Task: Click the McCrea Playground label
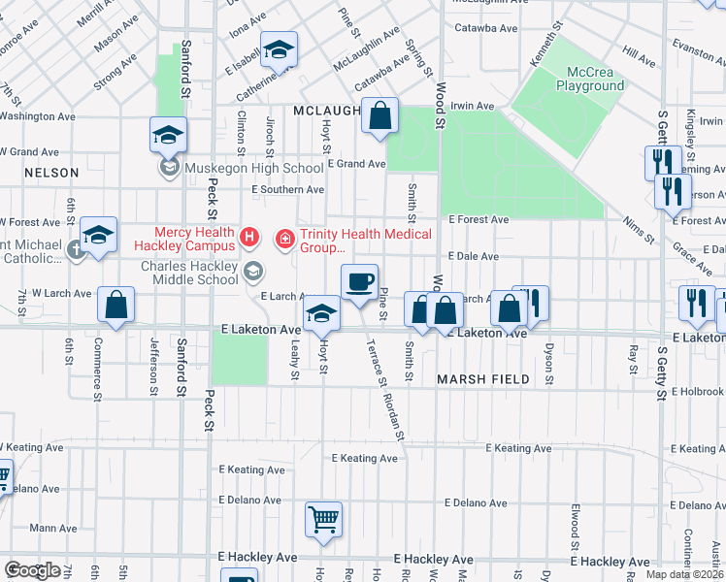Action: pyautogui.click(x=590, y=79)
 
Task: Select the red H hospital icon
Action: pyautogui.click(x=250, y=236)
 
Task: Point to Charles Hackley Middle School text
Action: pyautogui.click(x=189, y=273)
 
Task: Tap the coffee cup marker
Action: pyautogui.click(x=359, y=282)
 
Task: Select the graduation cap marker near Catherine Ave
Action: pyautogui.click(x=279, y=50)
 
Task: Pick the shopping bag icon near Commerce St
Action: pyautogui.click(x=115, y=306)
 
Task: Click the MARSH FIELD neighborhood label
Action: pyautogui.click(x=482, y=379)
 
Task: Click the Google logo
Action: pyautogui.click(x=32, y=569)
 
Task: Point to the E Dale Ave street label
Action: pyautogui.click(x=473, y=257)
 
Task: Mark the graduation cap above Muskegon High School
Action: pyautogui.click(x=168, y=135)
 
